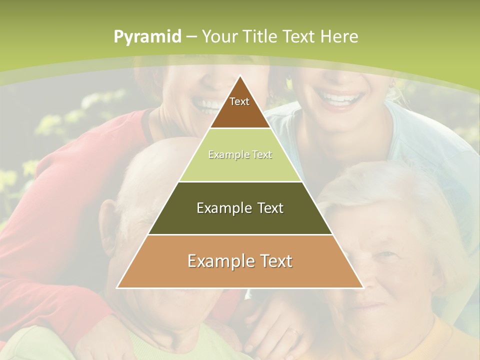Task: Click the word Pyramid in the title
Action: click(x=147, y=36)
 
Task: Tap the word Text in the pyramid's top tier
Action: click(x=239, y=101)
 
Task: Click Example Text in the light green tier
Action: click(x=240, y=154)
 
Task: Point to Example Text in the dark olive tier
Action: click(x=240, y=208)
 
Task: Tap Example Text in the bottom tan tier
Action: click(x=240, y=261)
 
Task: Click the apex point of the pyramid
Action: click(x=240, y=76)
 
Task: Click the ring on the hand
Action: click(x=294, y=330)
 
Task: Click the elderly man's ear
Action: click(x=108, y=220)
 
